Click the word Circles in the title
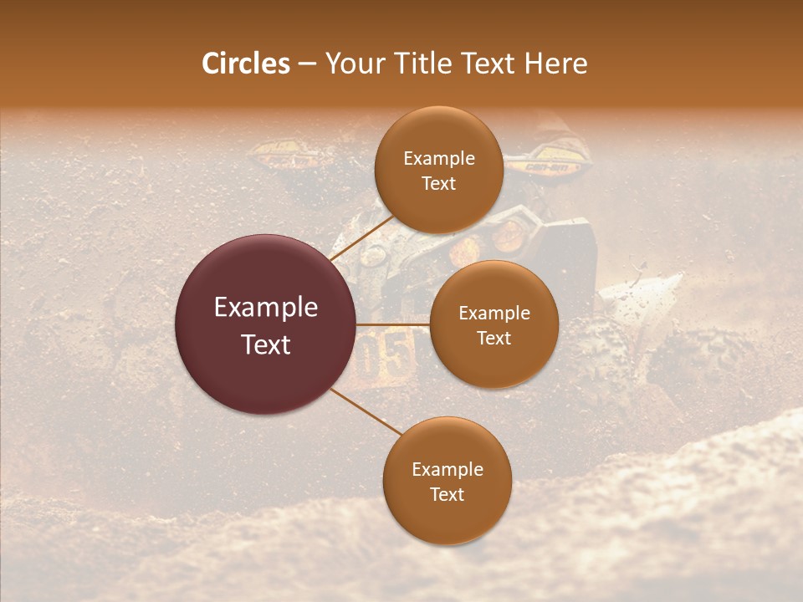coord(245,64)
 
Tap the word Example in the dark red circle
coord(265,308)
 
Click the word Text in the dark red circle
coord(265,344)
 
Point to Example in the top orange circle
coord(438,159)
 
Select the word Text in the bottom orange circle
coord(447,494)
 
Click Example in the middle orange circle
coord(494,314)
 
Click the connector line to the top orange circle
coord(361,237)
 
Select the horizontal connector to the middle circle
coord(393,324)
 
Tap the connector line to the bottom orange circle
coord(366,411)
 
